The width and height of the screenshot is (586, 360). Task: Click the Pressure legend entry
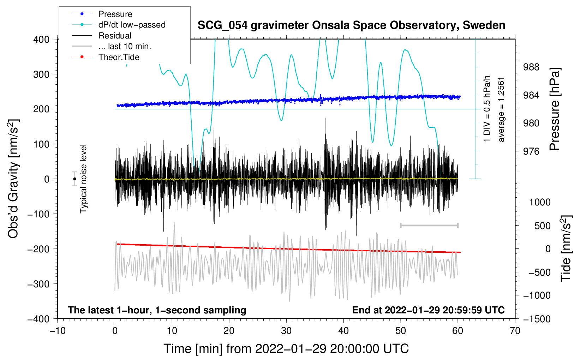click(x=102, y=14)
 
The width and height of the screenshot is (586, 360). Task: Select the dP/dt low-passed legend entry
click(x=119, y=25)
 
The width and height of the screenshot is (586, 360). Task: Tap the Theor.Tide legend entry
click(x=106, y=57)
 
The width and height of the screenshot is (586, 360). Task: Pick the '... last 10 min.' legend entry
click(x=112, y=46)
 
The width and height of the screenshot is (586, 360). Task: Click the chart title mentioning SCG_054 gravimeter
click(x=351, y=25)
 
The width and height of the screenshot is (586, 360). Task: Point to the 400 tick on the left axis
click(x=41, y=40)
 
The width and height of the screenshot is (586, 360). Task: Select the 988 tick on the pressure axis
click(x=531, y=67)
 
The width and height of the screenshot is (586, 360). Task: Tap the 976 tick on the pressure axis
click(x=531, y=151)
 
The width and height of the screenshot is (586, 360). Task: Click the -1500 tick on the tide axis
click(x=537, y=319)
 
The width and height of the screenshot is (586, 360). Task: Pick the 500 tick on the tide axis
click(x=542, y=226)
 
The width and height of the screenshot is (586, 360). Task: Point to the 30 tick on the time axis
click(x=286, y=331)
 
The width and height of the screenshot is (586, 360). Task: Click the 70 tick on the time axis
click(x=515, y=331)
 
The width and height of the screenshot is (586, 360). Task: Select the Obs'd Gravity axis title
click(x=13, y=179)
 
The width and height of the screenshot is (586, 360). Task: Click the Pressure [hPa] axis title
click(x=554, y=109)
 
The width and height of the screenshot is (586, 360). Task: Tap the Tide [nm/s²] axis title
click(x=566, y=248)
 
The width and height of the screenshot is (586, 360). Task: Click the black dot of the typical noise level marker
click(x=75, y=179)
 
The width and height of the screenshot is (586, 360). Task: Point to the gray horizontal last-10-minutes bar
click(x=429, y=225)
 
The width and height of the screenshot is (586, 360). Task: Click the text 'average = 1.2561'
click(x=501, y=110)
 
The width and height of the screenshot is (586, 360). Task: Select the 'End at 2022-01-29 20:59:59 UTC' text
click(x=428, y=310)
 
